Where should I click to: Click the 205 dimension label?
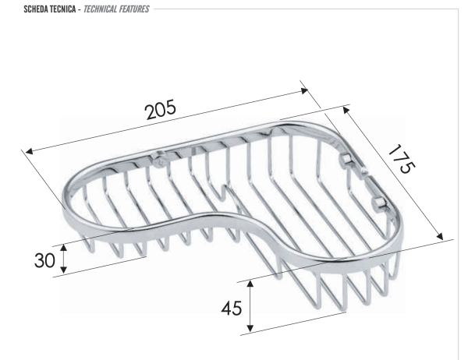[x=160, y=110]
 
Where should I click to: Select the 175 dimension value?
[x=402, y=159]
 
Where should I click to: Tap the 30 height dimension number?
[x=44, y=260]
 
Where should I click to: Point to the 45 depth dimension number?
[x=232, y=308]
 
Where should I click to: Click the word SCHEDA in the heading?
[x=36, y=9]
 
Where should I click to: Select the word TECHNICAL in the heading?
[x=100, y=9]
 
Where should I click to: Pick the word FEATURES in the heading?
[x=134, y=9]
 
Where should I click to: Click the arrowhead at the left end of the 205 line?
[x=29, y=151]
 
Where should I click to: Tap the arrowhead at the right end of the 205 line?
[x=304, y=90]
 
